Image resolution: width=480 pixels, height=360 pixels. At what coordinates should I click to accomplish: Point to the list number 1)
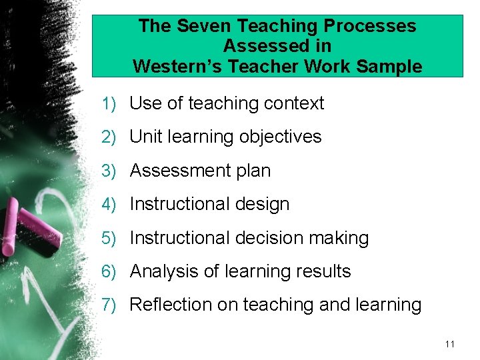click(109, 104)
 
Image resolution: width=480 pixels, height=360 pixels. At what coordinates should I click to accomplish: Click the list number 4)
click(109, 204)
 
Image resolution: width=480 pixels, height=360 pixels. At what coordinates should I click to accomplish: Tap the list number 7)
click(109, 305)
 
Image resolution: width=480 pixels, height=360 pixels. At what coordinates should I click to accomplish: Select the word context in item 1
click(294, 103)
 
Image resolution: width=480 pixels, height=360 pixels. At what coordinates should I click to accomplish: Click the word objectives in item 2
click(283, 137)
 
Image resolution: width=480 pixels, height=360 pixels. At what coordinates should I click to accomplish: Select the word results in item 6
click(323, 271)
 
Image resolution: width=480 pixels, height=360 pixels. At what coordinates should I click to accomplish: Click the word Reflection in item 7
click(170, 305)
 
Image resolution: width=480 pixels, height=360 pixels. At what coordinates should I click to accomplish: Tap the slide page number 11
click(449, 344)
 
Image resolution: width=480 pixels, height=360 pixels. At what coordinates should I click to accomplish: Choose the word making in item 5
click(342, 238)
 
